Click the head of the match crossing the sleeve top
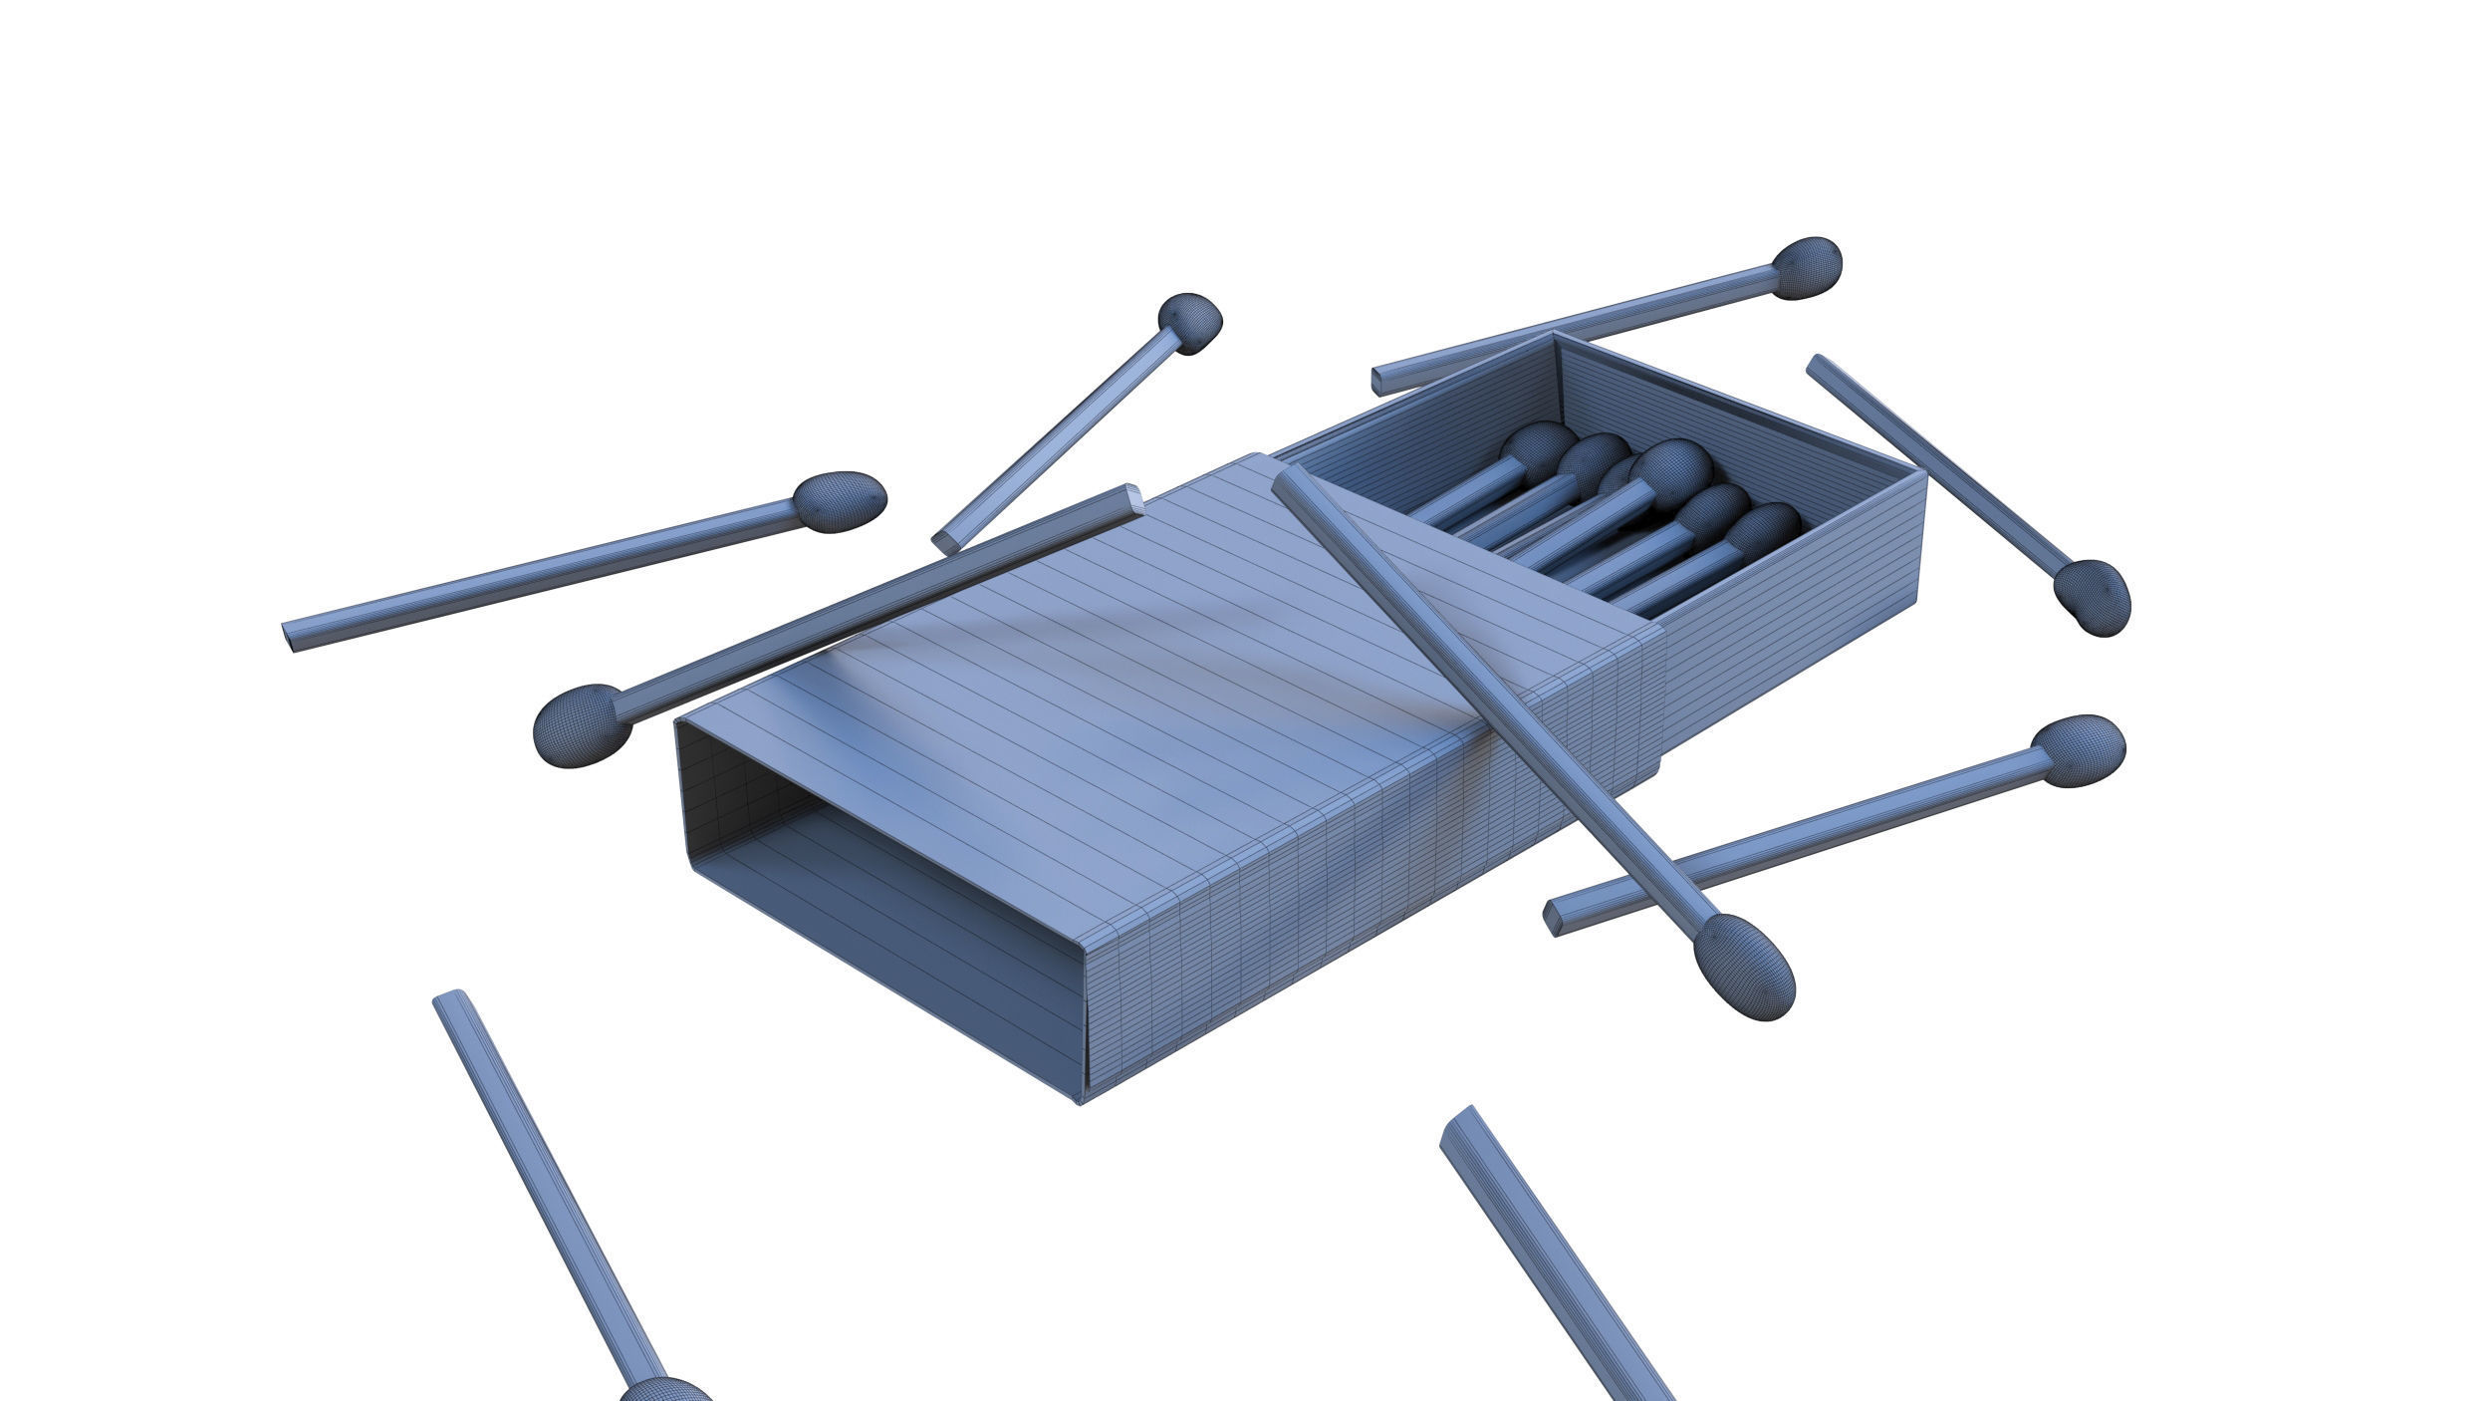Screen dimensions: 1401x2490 1743,966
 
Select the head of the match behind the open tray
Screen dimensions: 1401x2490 1807,267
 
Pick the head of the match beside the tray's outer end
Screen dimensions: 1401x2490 2092,597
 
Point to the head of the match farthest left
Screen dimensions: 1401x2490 840,501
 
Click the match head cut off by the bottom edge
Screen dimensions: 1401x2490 665,1389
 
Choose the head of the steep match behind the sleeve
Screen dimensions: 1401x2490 1189,323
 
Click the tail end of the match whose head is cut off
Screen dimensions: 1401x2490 448,998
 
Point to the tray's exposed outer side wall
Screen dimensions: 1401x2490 1793,638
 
